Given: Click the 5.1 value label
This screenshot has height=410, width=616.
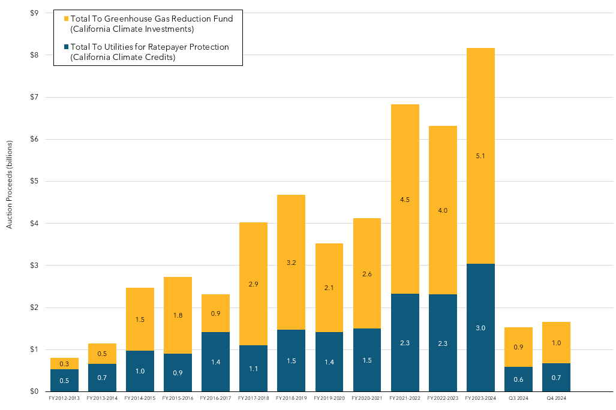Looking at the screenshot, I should (x=480, y=156).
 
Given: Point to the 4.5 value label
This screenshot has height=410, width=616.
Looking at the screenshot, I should (x=405, y=200).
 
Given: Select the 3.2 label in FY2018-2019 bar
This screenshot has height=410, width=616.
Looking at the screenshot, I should (x=291, y=246).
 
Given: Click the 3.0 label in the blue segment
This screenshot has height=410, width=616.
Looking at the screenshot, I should (x=480, y=328).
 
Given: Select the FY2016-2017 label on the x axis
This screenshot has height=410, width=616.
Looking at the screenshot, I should (x=215, y=397).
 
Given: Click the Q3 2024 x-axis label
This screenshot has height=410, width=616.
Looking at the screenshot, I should (x=518, y=397).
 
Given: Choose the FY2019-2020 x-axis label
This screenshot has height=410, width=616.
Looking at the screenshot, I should (x=329, y=397).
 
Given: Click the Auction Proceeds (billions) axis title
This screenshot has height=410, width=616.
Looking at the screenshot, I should (x=9, y=184).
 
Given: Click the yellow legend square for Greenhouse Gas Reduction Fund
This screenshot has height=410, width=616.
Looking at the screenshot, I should (x=65, y=19).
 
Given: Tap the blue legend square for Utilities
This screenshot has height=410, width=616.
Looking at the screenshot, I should (x=65, y=47).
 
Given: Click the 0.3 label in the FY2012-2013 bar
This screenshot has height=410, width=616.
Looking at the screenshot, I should (x=64, y=364).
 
